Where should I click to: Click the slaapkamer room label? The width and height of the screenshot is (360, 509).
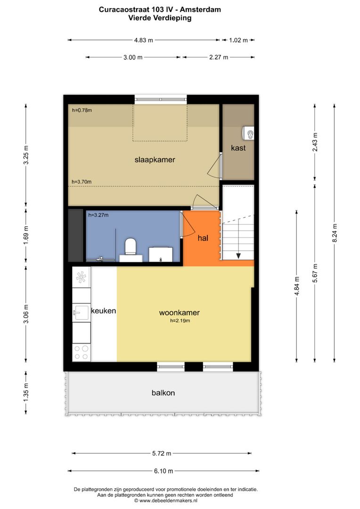155,160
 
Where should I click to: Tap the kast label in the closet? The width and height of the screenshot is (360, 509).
238,148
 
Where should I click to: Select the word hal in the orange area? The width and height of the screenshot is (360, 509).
203,238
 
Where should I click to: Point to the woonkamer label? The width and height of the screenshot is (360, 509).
179,312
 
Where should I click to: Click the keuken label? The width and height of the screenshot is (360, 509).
103,311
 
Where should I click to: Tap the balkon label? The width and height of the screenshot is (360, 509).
164,393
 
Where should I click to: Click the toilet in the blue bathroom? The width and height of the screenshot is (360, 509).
131,249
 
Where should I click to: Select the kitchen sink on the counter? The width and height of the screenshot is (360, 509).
81,312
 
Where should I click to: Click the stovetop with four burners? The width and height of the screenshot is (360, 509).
81,353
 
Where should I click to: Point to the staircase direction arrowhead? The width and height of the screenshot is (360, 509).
238,256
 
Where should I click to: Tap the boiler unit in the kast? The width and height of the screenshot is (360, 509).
248,133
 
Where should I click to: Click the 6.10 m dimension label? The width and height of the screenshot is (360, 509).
164,471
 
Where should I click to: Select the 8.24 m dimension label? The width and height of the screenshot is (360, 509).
335,233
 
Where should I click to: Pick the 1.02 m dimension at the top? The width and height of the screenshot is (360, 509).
238,40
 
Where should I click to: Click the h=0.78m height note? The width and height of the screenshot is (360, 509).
82,110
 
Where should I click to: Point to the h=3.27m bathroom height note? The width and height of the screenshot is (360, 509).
98,215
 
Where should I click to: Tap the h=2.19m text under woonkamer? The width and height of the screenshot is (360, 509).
180,321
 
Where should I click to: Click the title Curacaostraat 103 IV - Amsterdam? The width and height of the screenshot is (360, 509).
160,10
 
